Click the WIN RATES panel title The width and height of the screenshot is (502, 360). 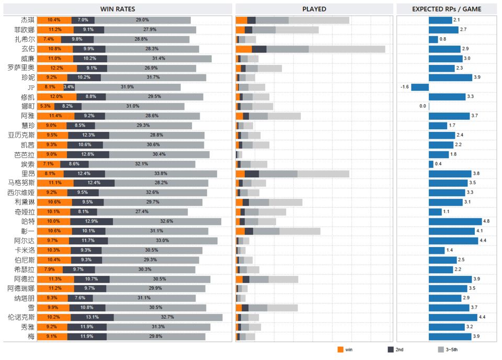coord(117,9)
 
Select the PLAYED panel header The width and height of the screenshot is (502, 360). coord(314,9)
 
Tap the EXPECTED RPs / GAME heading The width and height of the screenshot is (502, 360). coord(447,9)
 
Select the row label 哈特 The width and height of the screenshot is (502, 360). coord(28,221)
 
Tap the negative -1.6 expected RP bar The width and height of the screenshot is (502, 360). coord(420,87)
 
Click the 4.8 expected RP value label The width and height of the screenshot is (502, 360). coord(486,221)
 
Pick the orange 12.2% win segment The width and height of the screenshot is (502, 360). coord(57,68)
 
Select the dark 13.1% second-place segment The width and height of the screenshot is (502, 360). coord(92,317)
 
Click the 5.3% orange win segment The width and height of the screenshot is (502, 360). coord(45,106)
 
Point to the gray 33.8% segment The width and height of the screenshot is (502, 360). coord(161,173)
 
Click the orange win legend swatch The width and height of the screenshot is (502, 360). coord(340,349)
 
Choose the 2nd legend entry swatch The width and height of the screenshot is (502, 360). coord(390,349)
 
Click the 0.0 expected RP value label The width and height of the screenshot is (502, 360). coord(423,106)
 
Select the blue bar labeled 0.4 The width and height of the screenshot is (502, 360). coord(431,164)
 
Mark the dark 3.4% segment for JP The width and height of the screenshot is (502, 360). coord(69,87)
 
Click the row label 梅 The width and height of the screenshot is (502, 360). coord(32,336)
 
